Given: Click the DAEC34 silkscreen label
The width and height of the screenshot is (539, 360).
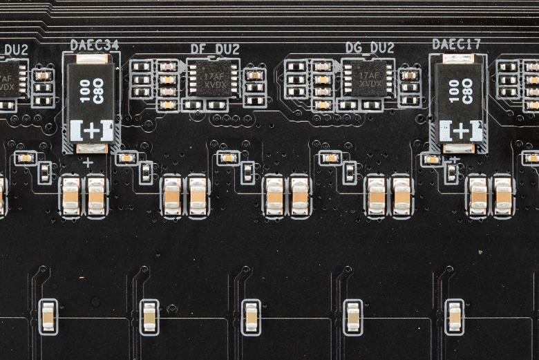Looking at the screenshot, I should click(x=94, y=45).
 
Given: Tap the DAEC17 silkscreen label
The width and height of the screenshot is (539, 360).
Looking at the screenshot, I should click(x=456, y=44).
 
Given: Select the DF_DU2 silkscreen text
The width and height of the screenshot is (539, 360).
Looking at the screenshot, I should click(x=215, y=49).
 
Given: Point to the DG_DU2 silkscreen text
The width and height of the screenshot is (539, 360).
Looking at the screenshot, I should click(x=370, y=48).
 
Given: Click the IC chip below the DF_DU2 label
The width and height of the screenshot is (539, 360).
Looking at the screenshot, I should click(x=213, y=78).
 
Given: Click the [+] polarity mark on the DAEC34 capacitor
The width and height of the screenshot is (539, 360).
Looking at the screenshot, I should click(x=91, y=130).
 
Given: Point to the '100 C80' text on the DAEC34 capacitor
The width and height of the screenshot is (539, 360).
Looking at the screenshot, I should click(x=92, y=91).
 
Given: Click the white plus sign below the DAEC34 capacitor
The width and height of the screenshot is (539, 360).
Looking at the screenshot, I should click(x=88, y=163).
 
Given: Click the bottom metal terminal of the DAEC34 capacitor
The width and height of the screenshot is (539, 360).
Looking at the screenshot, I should click(x=91, y=148).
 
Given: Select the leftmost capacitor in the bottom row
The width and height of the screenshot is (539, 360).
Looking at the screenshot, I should click(x=48, y=316).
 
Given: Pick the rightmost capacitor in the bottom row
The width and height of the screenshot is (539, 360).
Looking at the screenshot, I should click(x=454, y=316).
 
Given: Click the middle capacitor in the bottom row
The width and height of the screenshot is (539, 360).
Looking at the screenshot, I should click(x=251, y=316).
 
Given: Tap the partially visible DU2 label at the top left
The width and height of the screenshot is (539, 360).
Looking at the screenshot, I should click(x=15, y=50).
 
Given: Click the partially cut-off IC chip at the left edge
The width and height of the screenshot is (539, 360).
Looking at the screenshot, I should click(x=8, y=78).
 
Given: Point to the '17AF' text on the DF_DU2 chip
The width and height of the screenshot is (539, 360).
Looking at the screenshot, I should click(x=214, y=74).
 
